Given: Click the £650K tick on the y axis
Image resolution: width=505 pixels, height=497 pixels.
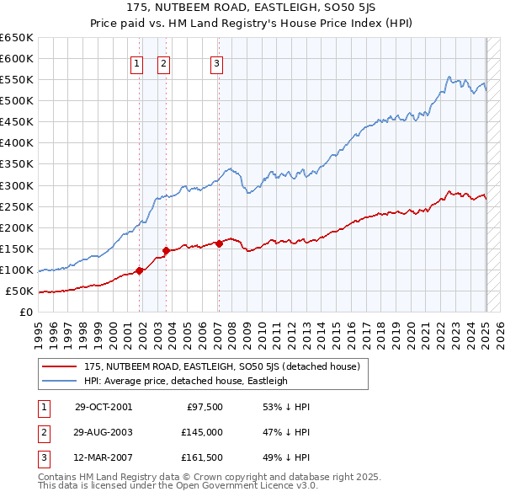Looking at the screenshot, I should point(17,38).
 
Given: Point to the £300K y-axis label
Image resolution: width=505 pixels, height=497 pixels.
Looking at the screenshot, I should point(17,185).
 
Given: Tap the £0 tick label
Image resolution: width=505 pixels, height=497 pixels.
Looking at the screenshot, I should point(26,313).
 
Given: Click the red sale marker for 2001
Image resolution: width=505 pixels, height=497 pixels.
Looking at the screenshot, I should point(140,270).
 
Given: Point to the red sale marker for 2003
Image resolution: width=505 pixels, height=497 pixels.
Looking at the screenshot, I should point(167,250).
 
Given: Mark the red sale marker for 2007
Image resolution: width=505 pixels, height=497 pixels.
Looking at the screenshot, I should point(219,243).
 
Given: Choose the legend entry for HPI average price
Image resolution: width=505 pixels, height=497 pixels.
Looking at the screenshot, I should point(185,382).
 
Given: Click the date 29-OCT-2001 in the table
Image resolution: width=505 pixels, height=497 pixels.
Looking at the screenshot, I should point(104,407).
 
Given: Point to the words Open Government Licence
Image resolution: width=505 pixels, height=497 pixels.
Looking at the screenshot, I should point(253,486).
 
